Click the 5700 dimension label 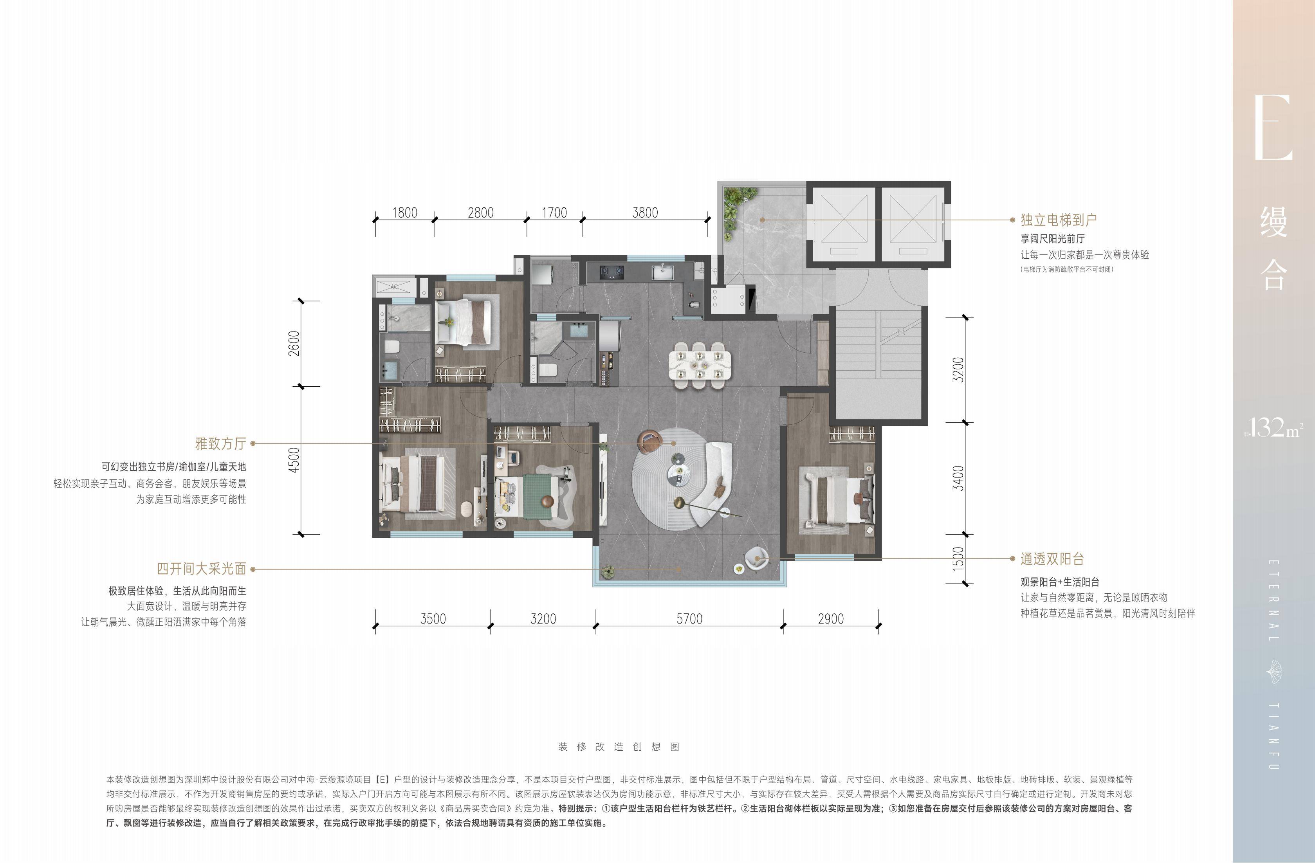(x=689, y=618)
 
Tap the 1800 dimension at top (x=404, y=213)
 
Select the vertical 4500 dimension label (x=294, y=459)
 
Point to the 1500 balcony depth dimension (x=959, y=559)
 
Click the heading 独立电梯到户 (x=1059, y=220)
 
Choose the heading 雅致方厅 (x=220, y=443)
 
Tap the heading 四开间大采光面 (x=201, y=569)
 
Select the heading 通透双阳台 (x=1052, y=559)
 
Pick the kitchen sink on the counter (x=663, y=272)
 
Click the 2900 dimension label (x=830, y=618)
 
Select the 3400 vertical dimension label (x=959, y=478)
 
